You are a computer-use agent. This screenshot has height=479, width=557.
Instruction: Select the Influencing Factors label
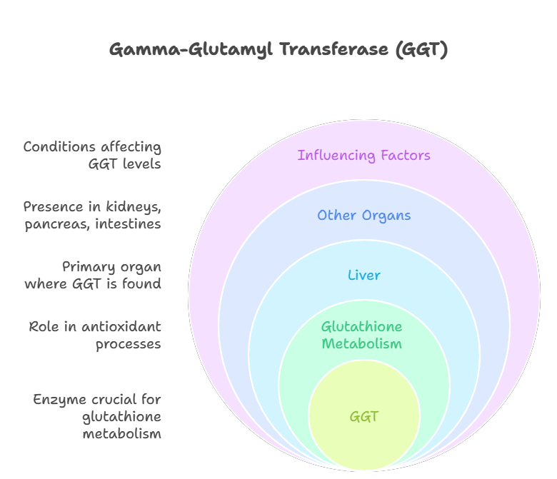coord(364,156)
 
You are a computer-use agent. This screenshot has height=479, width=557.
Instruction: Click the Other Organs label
coord(364,216)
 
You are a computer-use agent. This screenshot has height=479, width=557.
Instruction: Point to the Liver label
coord(364,276)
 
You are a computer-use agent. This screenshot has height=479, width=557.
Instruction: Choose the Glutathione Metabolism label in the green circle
coord(361,336)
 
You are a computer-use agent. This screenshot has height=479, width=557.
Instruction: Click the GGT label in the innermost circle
coord(364,417)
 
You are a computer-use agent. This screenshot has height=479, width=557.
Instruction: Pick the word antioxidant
coord(121,327)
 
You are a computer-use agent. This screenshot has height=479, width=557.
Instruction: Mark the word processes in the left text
coord(129,344)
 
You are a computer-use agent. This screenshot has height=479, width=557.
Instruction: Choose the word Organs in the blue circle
coord(386,216)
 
